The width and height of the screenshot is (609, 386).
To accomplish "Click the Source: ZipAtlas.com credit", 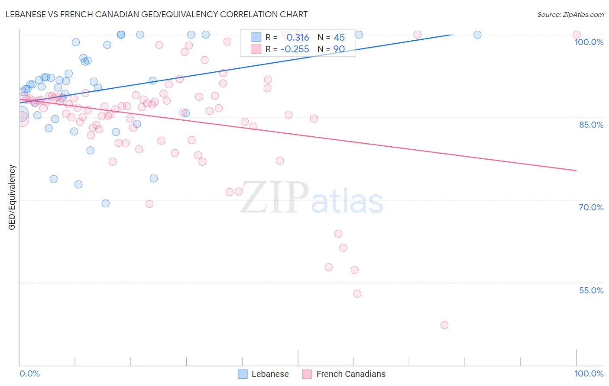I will click(570, 14).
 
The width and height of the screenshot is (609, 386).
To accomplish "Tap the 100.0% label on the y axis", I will click(589, 42).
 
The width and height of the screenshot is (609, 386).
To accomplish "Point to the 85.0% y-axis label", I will click(591, 125).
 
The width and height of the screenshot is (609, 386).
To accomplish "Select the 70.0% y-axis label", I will click(591, 207).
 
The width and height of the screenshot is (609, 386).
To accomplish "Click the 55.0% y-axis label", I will click(591, 290).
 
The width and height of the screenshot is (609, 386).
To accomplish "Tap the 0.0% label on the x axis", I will click(29, 373).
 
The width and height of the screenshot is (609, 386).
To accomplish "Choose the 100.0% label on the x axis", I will click(589, 373).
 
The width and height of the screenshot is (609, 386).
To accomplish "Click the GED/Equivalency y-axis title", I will click(12, 197).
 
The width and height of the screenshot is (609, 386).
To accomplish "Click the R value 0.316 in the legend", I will click(298, 38).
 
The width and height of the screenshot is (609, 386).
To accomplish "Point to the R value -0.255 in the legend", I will click(295, 49).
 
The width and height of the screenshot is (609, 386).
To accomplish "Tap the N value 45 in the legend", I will click(339, 38).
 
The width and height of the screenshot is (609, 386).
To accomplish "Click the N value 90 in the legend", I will click(339, 49).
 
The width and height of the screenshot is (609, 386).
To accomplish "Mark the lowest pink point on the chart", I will click(444, 325).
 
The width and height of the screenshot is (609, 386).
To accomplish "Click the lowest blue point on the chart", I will click(105, 203).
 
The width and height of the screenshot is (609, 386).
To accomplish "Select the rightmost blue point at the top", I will click(477, 35).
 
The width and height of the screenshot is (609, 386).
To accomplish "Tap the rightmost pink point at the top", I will click(576, 35).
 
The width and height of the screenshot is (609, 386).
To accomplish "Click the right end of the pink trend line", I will click(577, 170).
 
